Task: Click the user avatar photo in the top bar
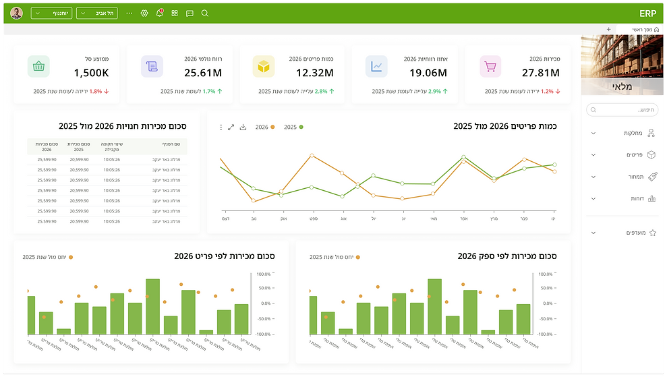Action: (x=17, y=13)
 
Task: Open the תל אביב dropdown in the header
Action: (x=97, y=13)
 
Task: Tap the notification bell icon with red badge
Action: (x=160, y=13)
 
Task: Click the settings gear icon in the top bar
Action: (x=144, y=13)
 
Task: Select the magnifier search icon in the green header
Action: (x=205, y=13)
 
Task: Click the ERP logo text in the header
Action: (x=647, y=13)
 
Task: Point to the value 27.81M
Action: (x=541, y=73)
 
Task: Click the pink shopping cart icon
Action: (x=490, y=66)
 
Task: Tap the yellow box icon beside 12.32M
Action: (x=263, y=66)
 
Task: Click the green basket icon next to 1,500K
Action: (x=38, y=66)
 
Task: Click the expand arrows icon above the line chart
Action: (x=231, y=127)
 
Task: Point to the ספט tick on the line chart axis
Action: (x=314, y=219)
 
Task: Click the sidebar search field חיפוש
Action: (x=622, y=109)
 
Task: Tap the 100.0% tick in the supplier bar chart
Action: (x=544, y=274)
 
